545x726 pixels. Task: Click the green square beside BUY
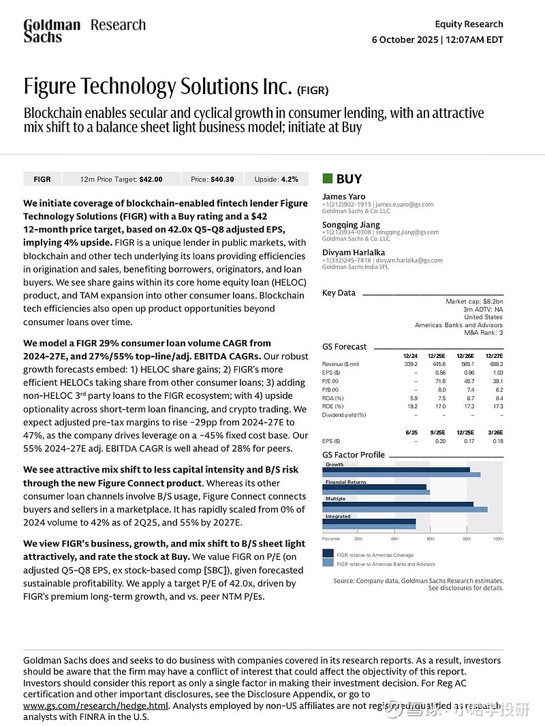point(328,179)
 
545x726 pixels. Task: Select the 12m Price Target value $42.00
point(151,179)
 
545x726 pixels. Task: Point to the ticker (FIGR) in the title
point(313,90)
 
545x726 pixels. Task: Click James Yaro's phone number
point(347,205)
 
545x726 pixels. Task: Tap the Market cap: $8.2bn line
point(474,301)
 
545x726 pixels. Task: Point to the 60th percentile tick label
point(431,539)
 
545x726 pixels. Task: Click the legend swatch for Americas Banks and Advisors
point(328,564)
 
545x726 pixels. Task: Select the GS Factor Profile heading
point(354,455)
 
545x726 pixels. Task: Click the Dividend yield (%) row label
point(343,414)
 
